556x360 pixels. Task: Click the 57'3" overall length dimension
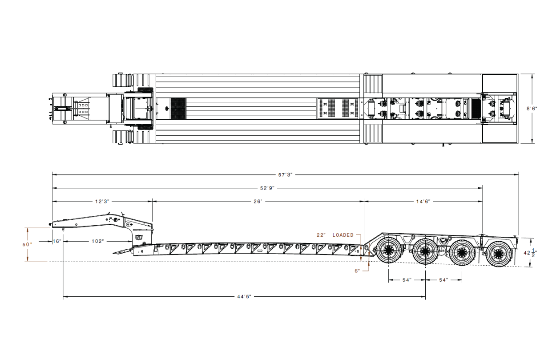pos(285,175)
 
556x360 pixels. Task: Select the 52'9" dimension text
pos(267,188)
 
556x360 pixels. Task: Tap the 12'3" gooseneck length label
pos(102,201)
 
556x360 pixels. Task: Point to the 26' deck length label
pos(258,201)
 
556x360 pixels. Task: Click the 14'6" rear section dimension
pos(423,201)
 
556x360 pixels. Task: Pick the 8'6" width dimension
pos(532,109)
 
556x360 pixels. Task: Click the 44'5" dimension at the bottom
pos(244,296)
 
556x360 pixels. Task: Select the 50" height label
pos(27,245)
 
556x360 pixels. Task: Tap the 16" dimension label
pos(57,241)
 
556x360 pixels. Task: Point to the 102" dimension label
pos(98,241)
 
